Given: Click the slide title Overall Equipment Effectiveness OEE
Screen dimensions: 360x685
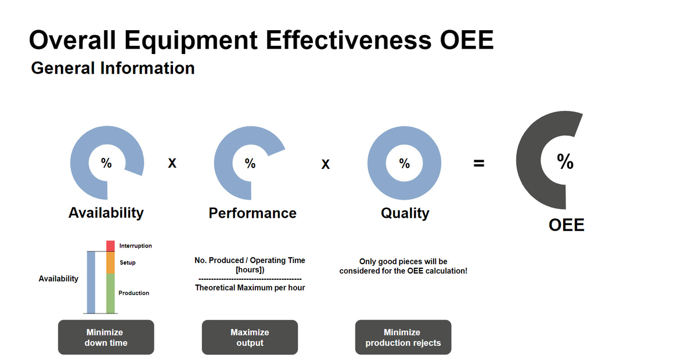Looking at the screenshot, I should (261, 41).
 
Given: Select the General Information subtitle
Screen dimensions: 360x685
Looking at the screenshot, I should (113, 69).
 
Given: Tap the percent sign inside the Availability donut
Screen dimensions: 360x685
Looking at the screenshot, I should (106, 163).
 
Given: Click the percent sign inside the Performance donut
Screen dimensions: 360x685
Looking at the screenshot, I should (250, 163).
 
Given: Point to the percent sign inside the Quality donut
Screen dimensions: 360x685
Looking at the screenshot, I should (404, 163).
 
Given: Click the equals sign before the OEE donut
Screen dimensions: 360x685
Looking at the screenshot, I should (477, 164).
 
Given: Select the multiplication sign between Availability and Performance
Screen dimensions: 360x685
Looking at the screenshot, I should (171, 164).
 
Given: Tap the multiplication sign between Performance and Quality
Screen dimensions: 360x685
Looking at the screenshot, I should (326, 165).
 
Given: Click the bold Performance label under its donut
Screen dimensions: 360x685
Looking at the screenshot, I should (253, 213).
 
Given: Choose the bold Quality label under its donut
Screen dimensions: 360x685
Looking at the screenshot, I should (405, 213).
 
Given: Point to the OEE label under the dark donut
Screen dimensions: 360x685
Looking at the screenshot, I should (567, 225).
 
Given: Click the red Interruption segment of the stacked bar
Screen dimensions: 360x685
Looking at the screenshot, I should (110, 246).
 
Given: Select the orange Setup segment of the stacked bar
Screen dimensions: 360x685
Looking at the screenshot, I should (110, 263).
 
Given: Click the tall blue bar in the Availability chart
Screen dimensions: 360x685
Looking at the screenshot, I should (91, 282).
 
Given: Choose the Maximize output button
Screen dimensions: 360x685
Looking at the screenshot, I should (250, 337).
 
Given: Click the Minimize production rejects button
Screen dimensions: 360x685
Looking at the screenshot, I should (403, 337).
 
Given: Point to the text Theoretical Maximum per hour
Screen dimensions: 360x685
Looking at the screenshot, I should (250, 288).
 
